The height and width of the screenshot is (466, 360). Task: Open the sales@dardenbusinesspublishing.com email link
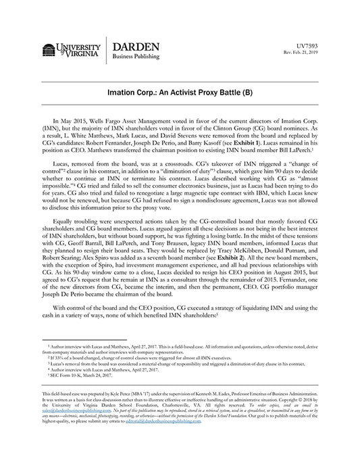click(x=70, y=428)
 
